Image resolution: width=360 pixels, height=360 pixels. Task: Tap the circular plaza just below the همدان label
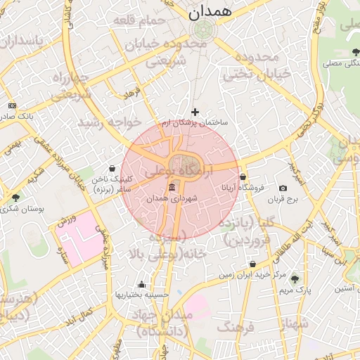pos(205,30)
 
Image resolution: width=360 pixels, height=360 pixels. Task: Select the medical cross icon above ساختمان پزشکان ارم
pos(195,112)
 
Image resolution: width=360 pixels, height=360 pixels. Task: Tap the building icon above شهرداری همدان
pos(172,187)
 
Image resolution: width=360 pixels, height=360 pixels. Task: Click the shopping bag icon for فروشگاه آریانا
pos(243,177)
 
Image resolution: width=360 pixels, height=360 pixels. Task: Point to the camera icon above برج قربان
pos(283,188)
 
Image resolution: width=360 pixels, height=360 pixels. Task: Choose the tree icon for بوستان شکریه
pos(15,198)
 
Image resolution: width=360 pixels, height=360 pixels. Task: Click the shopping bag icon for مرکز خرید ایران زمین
pos(252,264)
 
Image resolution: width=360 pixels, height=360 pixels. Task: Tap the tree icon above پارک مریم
pos(295,279)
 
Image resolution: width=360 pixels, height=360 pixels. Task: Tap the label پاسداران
pos(21,43)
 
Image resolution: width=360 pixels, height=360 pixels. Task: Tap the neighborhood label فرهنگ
pos(235,328)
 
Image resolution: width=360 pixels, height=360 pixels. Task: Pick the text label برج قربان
pos(283,200)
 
